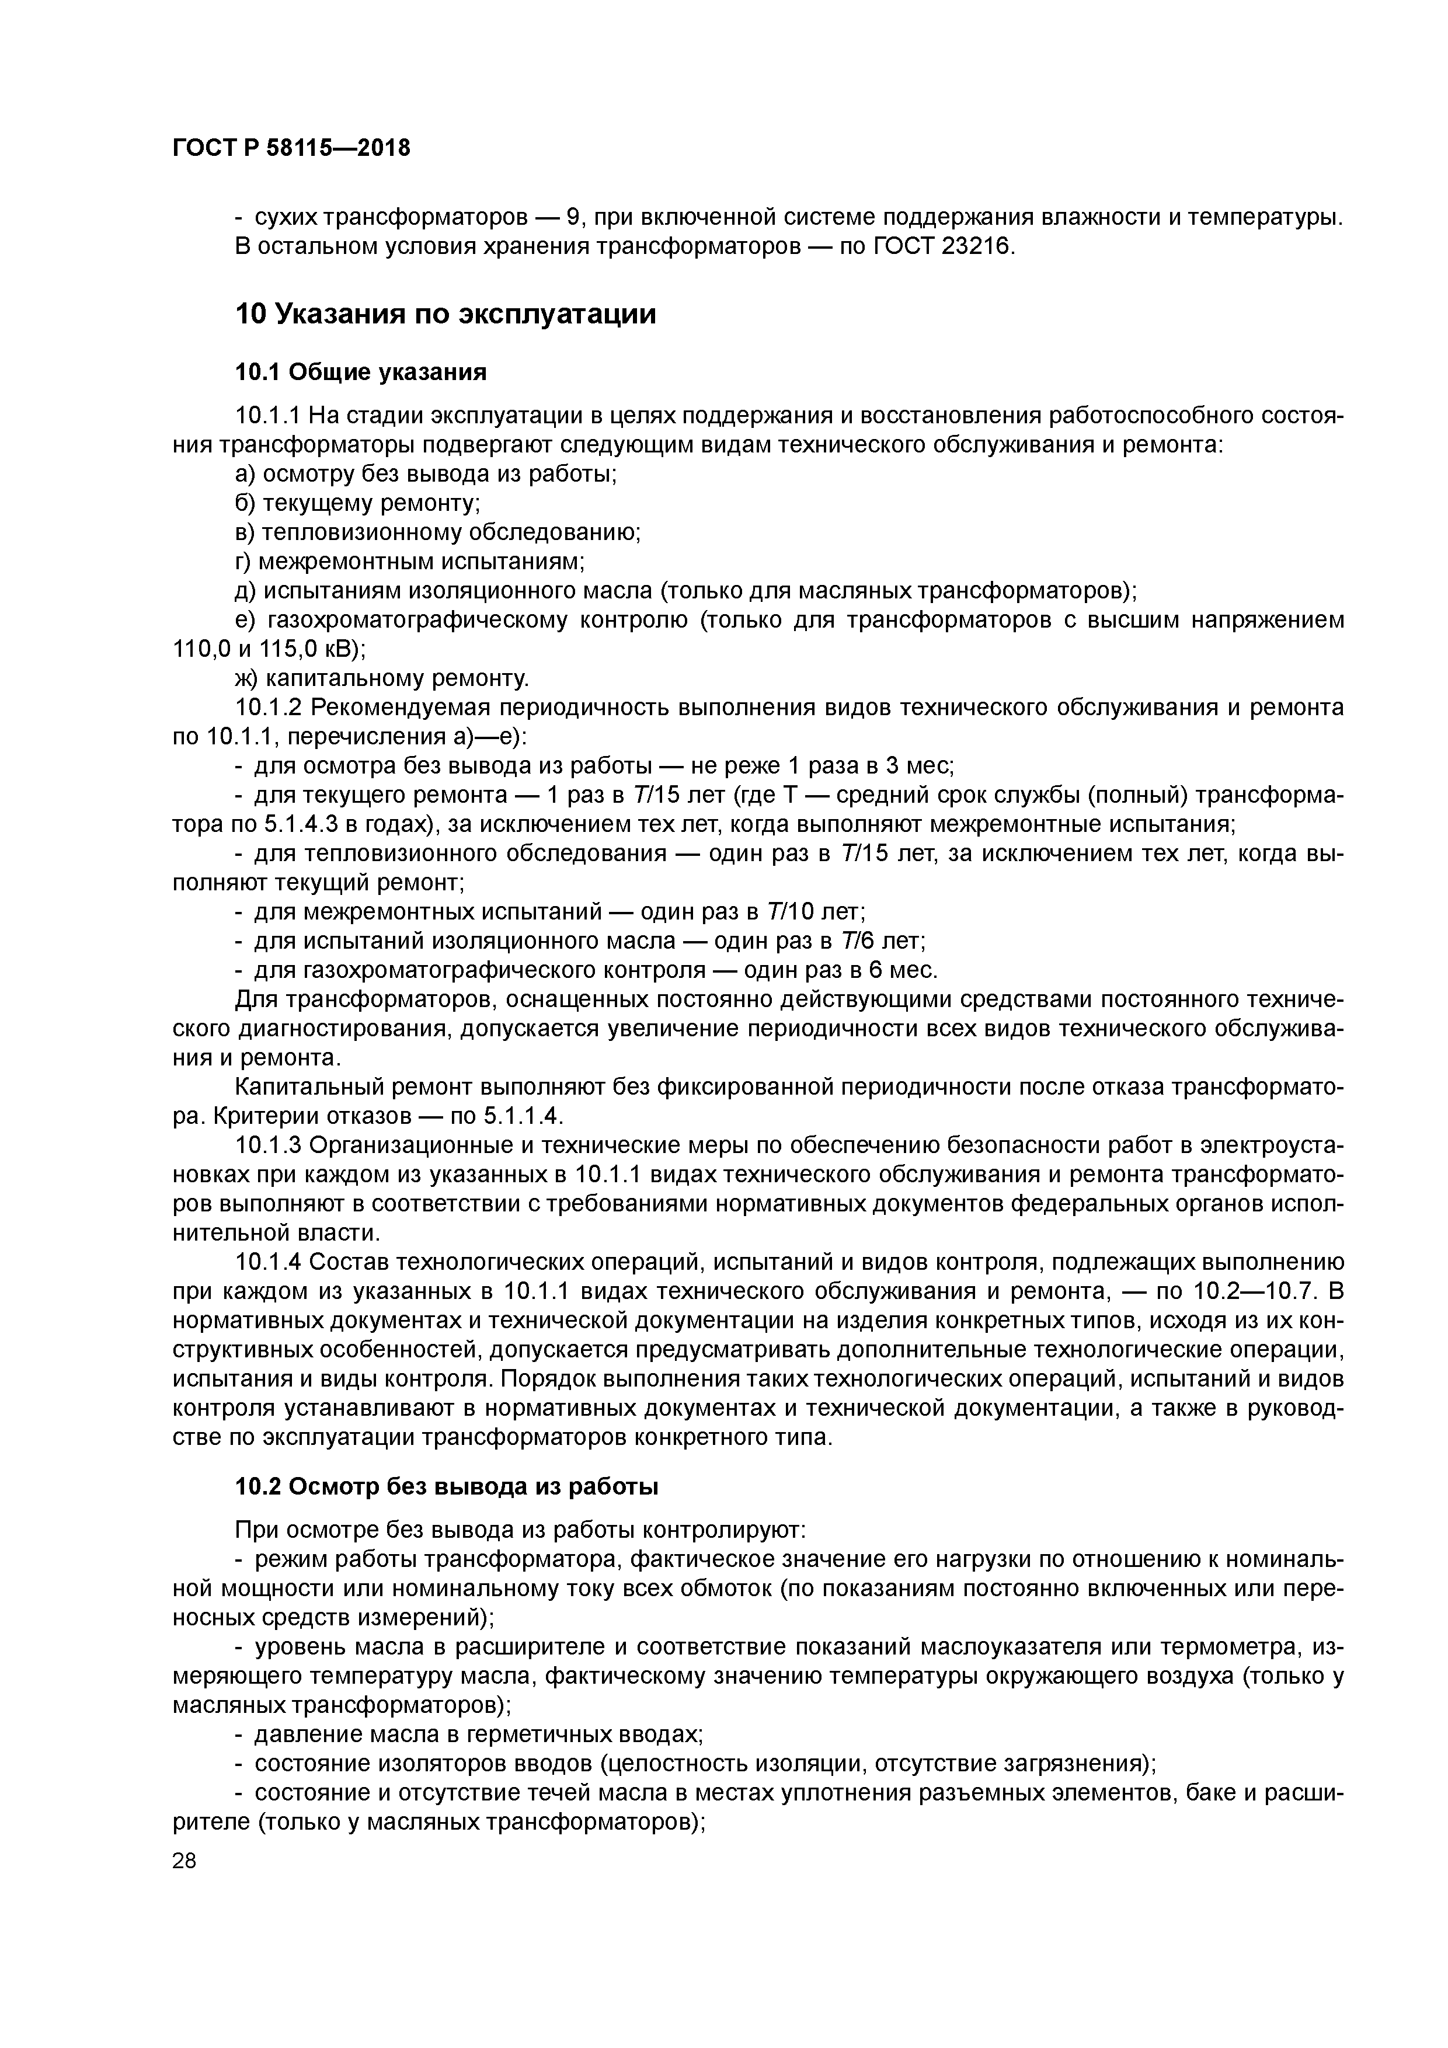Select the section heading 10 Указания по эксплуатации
445,314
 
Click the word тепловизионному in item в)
364,532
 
